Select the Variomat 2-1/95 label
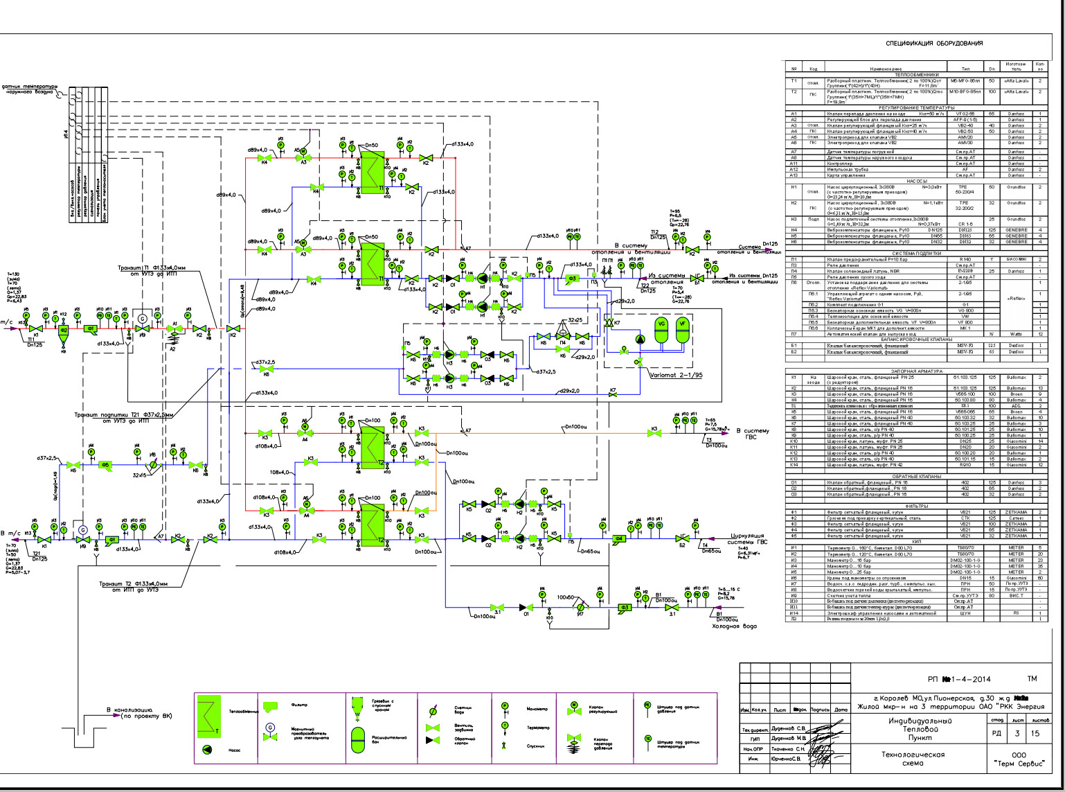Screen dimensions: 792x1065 click(677, 374)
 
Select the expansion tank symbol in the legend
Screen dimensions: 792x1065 click(357, 740)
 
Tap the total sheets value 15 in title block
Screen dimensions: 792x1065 click(1036, 734)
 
